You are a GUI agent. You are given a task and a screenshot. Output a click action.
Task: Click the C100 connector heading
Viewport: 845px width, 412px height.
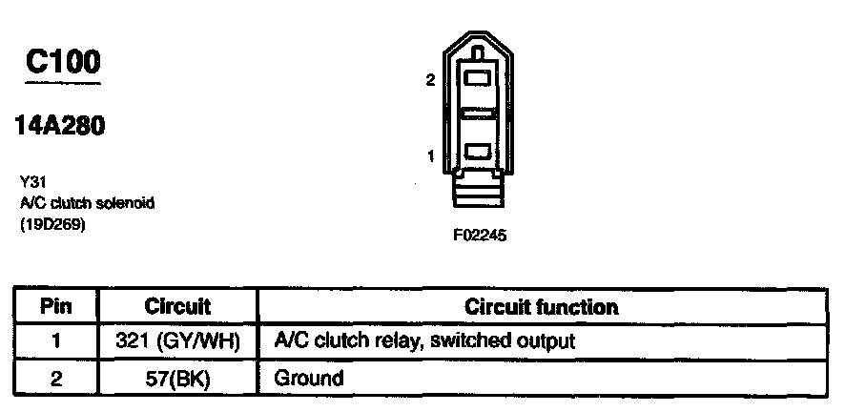click(63, 62)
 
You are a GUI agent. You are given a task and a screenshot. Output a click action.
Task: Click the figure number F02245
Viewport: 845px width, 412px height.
click(480, 236)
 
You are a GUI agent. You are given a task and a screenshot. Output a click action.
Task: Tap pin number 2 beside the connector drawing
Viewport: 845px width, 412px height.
click(430, 81)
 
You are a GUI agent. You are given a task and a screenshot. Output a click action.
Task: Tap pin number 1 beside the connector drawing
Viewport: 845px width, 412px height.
click(430, 155)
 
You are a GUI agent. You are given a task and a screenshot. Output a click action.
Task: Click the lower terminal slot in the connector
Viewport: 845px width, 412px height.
click(479, 152)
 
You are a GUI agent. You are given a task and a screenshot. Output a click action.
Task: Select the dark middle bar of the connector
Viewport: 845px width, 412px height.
click(479, 114)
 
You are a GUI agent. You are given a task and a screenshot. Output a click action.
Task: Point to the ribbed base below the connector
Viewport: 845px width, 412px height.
click(479, 194)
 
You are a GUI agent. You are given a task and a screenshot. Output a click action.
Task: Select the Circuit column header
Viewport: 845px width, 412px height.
click(177, 307)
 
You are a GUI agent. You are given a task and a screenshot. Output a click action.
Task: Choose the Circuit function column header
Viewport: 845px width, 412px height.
click(541, 307)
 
